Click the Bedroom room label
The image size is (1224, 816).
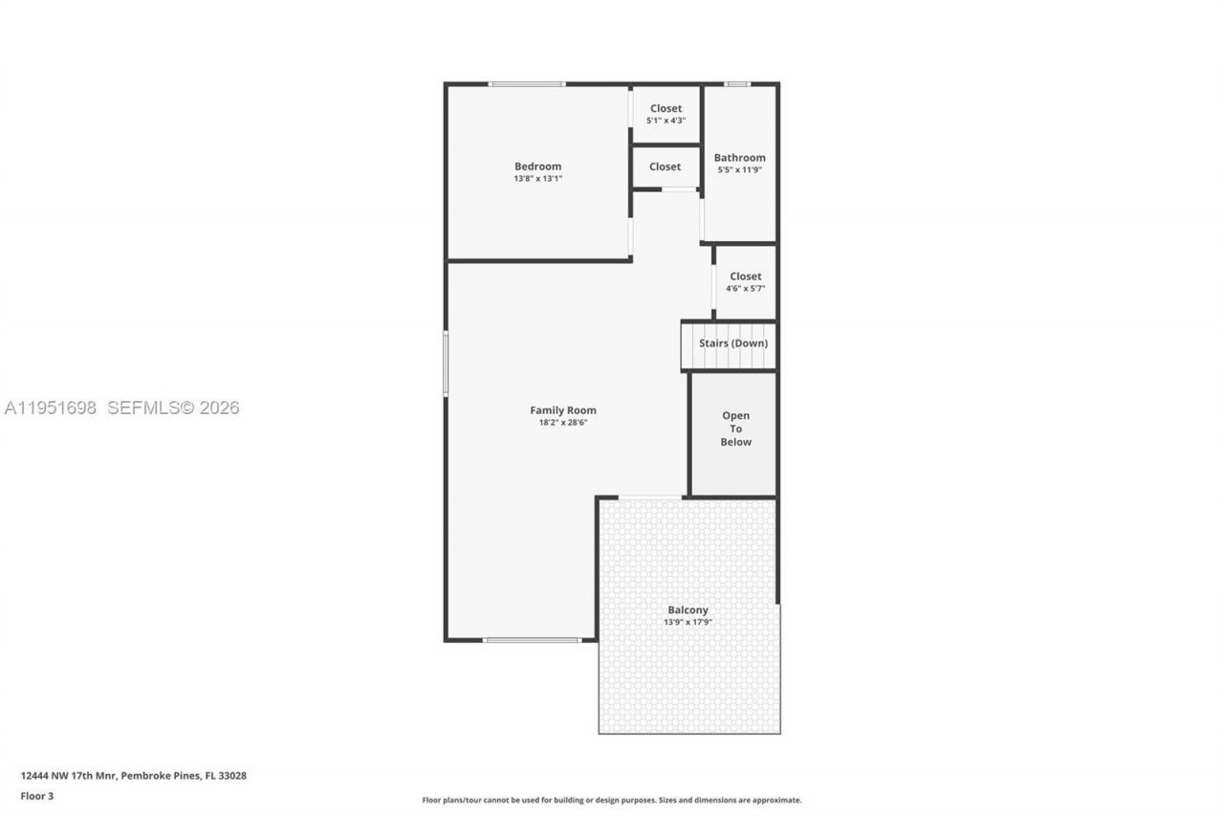coord(537,166)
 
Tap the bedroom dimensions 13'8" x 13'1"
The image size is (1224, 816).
coord(537,179)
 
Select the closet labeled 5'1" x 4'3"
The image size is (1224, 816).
coord(666,115)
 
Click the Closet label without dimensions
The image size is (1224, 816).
coord(665,166)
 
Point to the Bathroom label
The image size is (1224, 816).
coord(739,158)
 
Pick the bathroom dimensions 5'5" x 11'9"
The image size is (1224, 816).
coord(739,170)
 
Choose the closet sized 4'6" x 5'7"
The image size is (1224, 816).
coord(745,282)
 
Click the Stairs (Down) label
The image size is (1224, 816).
coord(732,343)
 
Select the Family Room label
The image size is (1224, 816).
coord(563,410)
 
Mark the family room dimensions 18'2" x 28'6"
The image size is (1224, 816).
coord(563,423)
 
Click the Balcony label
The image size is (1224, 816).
coord(688,609)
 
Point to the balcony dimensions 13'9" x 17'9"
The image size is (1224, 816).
coord(688,622)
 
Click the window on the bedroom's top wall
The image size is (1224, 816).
coord(526,84)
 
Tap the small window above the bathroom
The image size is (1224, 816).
coord(736,84)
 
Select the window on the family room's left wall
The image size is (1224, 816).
coord(446,364)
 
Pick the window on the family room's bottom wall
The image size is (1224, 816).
coord(532,640)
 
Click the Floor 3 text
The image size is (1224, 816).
coord(37,796)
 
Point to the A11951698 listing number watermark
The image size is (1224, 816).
coord(51,408)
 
